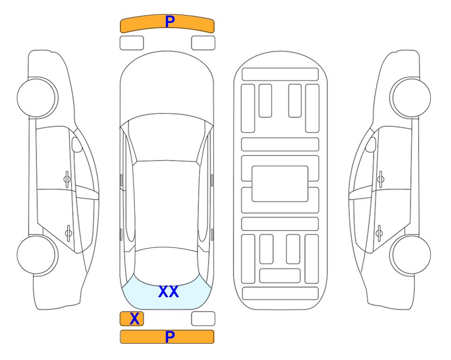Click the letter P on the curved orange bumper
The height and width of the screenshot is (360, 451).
[170, 22]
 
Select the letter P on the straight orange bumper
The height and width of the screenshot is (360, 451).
[170, 337]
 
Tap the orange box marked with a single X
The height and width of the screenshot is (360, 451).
[132, 319]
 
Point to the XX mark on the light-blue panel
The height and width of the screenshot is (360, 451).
[169, 292]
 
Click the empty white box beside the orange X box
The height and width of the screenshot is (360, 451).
[203, 319]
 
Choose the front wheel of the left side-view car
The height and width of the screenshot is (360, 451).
[37, 97]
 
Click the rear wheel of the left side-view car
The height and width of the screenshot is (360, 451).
[37, 255]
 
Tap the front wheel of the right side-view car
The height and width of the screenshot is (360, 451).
[410, 97]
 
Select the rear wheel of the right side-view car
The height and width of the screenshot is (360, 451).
[410, 255]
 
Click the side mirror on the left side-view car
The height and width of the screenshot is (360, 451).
[76, 144]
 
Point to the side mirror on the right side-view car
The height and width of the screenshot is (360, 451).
[371, 144]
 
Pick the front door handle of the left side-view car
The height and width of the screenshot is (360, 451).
[67, 180]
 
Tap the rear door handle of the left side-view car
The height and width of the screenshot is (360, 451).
[68, 232]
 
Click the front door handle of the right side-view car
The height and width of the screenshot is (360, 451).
[381, 180]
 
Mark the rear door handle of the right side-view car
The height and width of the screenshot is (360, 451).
[379, 232]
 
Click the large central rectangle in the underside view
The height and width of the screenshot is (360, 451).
[280, 184]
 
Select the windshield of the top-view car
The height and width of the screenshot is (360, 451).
[166, 138]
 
